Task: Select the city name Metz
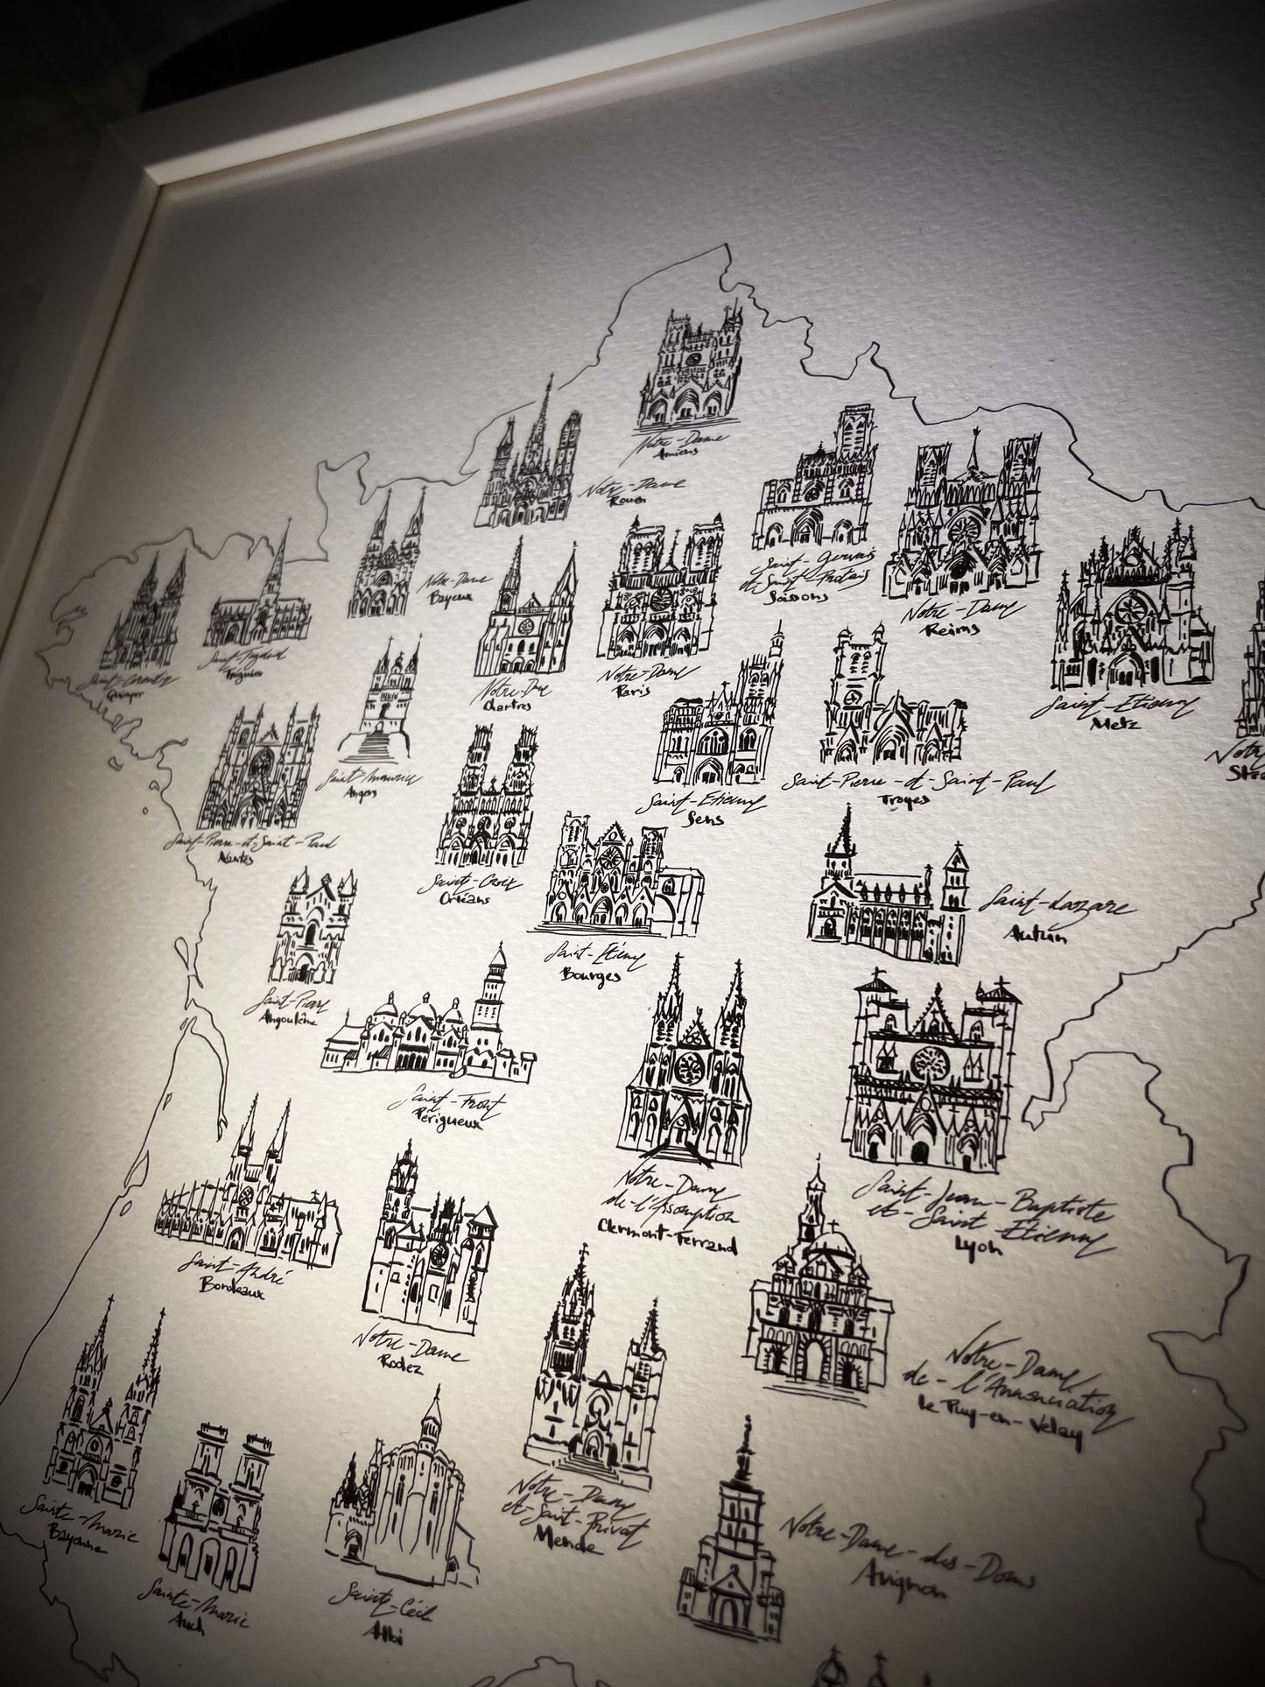(x=1112, y=724)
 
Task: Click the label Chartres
(x=510, y=706)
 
